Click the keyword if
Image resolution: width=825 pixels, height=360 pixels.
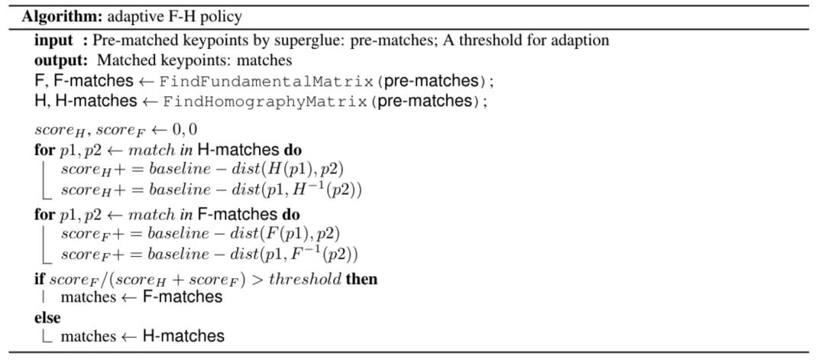(39, 279)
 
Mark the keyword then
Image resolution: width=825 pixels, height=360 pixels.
(361, 279)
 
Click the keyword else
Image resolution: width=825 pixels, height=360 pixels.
(47, 316)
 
